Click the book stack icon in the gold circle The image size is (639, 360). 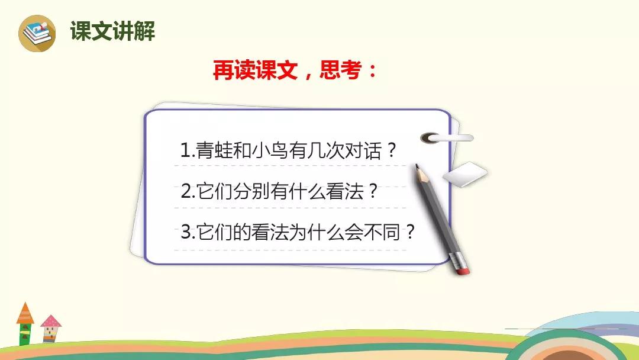point(37,33)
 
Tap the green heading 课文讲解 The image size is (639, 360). point(112,31)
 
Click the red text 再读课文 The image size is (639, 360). point(255,70)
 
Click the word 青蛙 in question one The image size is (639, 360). point(214,150)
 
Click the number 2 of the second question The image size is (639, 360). point(186,191)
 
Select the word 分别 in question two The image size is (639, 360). point(251,191)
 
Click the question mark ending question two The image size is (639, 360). point(373,191)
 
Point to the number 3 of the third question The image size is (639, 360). point(186,232)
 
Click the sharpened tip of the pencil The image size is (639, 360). point(417,165)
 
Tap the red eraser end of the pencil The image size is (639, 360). point(463,271)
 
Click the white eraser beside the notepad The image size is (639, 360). point(464,175)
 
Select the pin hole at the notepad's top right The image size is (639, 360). point(430,138)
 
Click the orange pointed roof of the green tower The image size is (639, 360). point(25,313)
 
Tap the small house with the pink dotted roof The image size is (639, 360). point(50,329)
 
